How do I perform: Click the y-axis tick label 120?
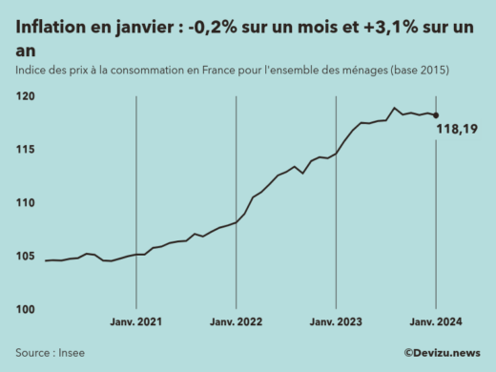(x=27, y=96)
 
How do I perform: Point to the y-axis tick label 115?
(x=27, y=150)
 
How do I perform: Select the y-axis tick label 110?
(x=27, y=203)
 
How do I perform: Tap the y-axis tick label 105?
(x=27, y=257)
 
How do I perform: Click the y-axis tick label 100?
(x=27, y=310)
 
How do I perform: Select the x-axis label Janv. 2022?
(x=236, y=324)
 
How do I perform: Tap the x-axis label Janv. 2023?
(x=336, y=324)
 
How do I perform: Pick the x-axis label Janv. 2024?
(x=436, y=324)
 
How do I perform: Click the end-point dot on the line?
(x=436, y=115)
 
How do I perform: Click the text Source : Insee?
(x=50, y=353)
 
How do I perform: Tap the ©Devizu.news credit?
(x=441, y=353)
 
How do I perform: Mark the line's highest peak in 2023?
(x=395, y=108)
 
